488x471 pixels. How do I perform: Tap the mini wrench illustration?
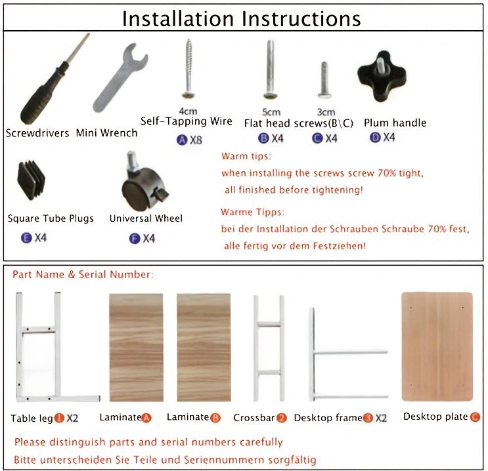point(120,77)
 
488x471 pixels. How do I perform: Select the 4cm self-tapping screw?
point(189,69)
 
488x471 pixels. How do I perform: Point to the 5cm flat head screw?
point(270,70)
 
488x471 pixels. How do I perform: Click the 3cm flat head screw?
point(324,80)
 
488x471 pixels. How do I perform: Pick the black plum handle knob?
point(382,77)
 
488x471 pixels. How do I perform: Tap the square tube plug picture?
point(31,180)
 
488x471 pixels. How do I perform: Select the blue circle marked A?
point(182,140)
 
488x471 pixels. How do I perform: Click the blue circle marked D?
point(375,137)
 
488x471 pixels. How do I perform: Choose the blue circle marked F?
point(135,239)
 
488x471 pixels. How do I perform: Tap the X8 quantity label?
point(196,140)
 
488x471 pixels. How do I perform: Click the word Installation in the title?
point(178,19)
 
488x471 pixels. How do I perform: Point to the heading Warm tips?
point(246,155)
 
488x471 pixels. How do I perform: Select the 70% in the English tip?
point(387,173)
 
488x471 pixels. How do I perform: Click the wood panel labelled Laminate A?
point(136,348)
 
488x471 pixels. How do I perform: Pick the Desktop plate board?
point(437,346)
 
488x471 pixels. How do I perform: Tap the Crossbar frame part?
point(269,348)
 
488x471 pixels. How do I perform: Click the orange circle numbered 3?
point(368,418)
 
